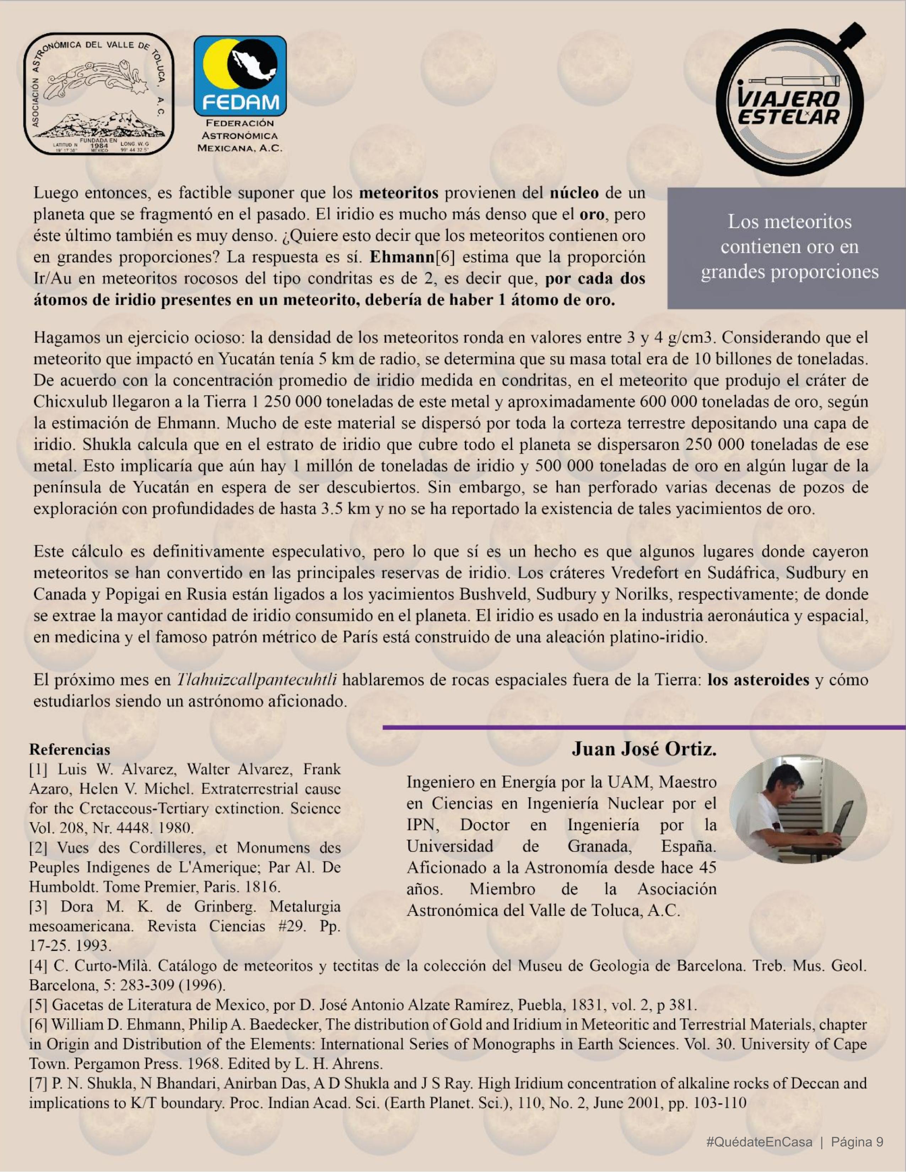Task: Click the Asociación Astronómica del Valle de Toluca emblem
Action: (98, 94)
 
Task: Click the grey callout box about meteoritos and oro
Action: (786, 247)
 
